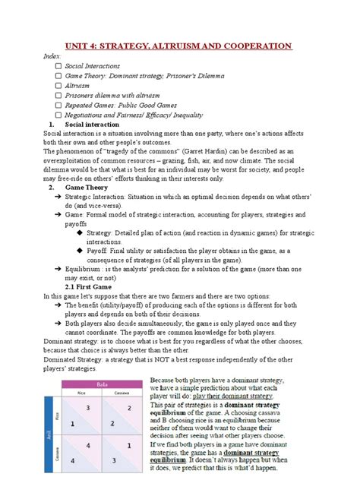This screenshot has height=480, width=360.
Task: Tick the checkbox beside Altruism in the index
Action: (58, 86)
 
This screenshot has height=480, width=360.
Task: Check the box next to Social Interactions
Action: (58, 66)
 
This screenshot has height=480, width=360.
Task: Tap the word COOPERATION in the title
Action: (258, 46)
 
